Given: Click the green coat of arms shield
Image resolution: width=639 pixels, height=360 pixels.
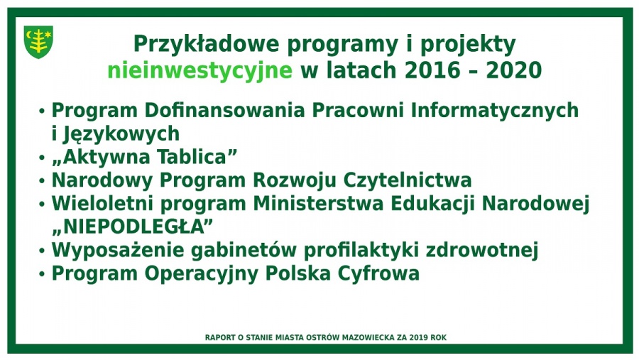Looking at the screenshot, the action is point(38,42).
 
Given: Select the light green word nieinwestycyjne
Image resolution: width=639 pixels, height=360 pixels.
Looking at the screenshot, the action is point(200,71).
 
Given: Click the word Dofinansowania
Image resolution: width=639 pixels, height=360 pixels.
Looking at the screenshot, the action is point(224,110).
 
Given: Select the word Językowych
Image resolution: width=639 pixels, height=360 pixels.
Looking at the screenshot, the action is point(121,134).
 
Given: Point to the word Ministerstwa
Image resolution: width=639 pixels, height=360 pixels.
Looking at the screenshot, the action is point(318,204).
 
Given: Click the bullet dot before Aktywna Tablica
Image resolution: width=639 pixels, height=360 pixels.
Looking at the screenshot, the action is point(42,158).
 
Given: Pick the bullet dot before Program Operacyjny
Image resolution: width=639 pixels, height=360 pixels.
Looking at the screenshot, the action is point(42,274).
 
